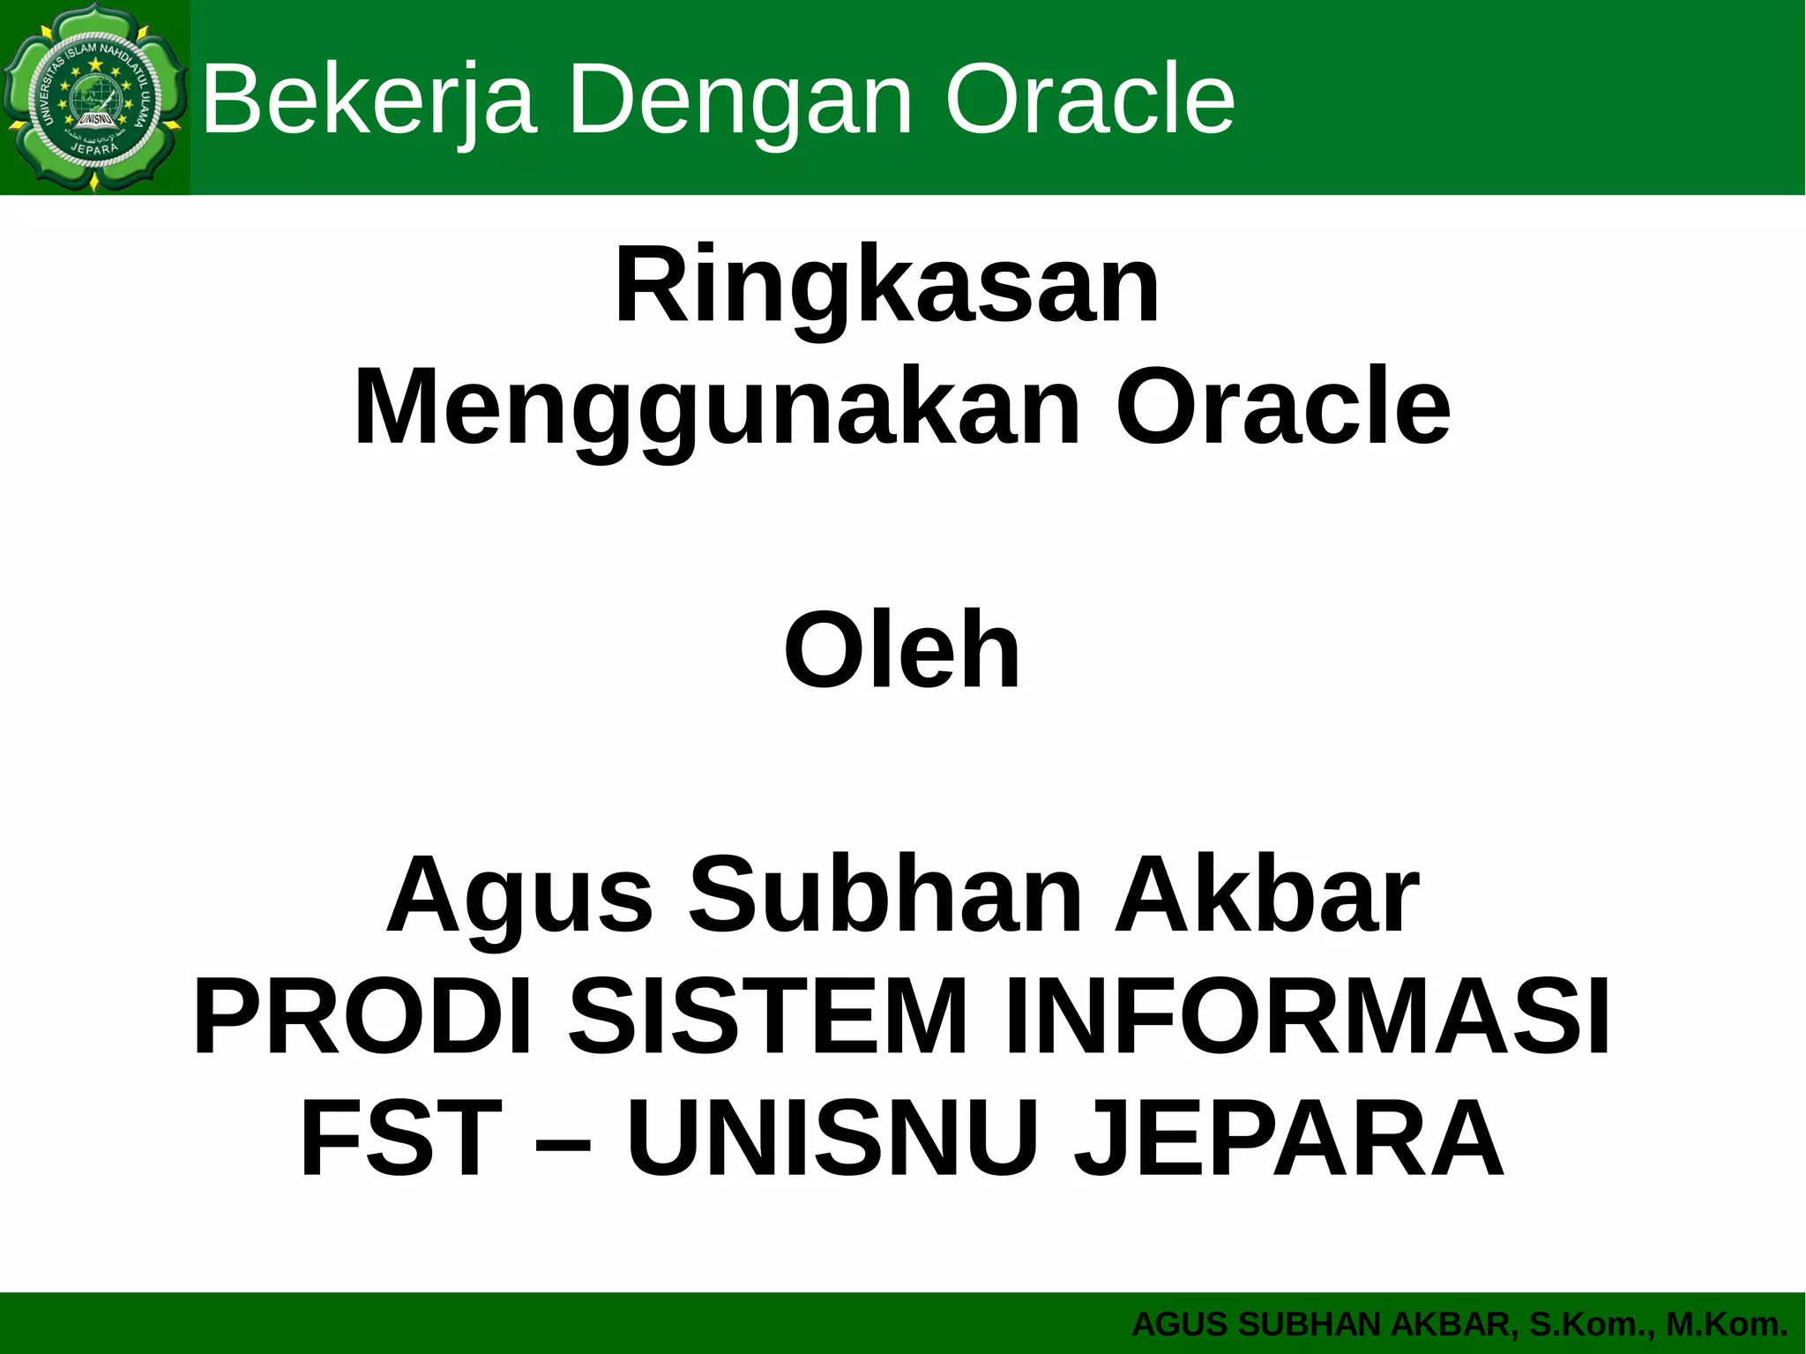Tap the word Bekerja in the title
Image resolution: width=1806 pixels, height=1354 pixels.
369,100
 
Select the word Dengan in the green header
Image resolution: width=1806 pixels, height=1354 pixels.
740,100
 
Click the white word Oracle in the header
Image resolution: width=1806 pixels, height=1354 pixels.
1089,100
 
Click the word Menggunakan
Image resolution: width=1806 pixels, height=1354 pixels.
717,409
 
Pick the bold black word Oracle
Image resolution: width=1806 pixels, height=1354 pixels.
1283,408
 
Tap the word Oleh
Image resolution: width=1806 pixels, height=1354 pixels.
902,651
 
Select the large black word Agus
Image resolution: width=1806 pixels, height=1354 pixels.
519,895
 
